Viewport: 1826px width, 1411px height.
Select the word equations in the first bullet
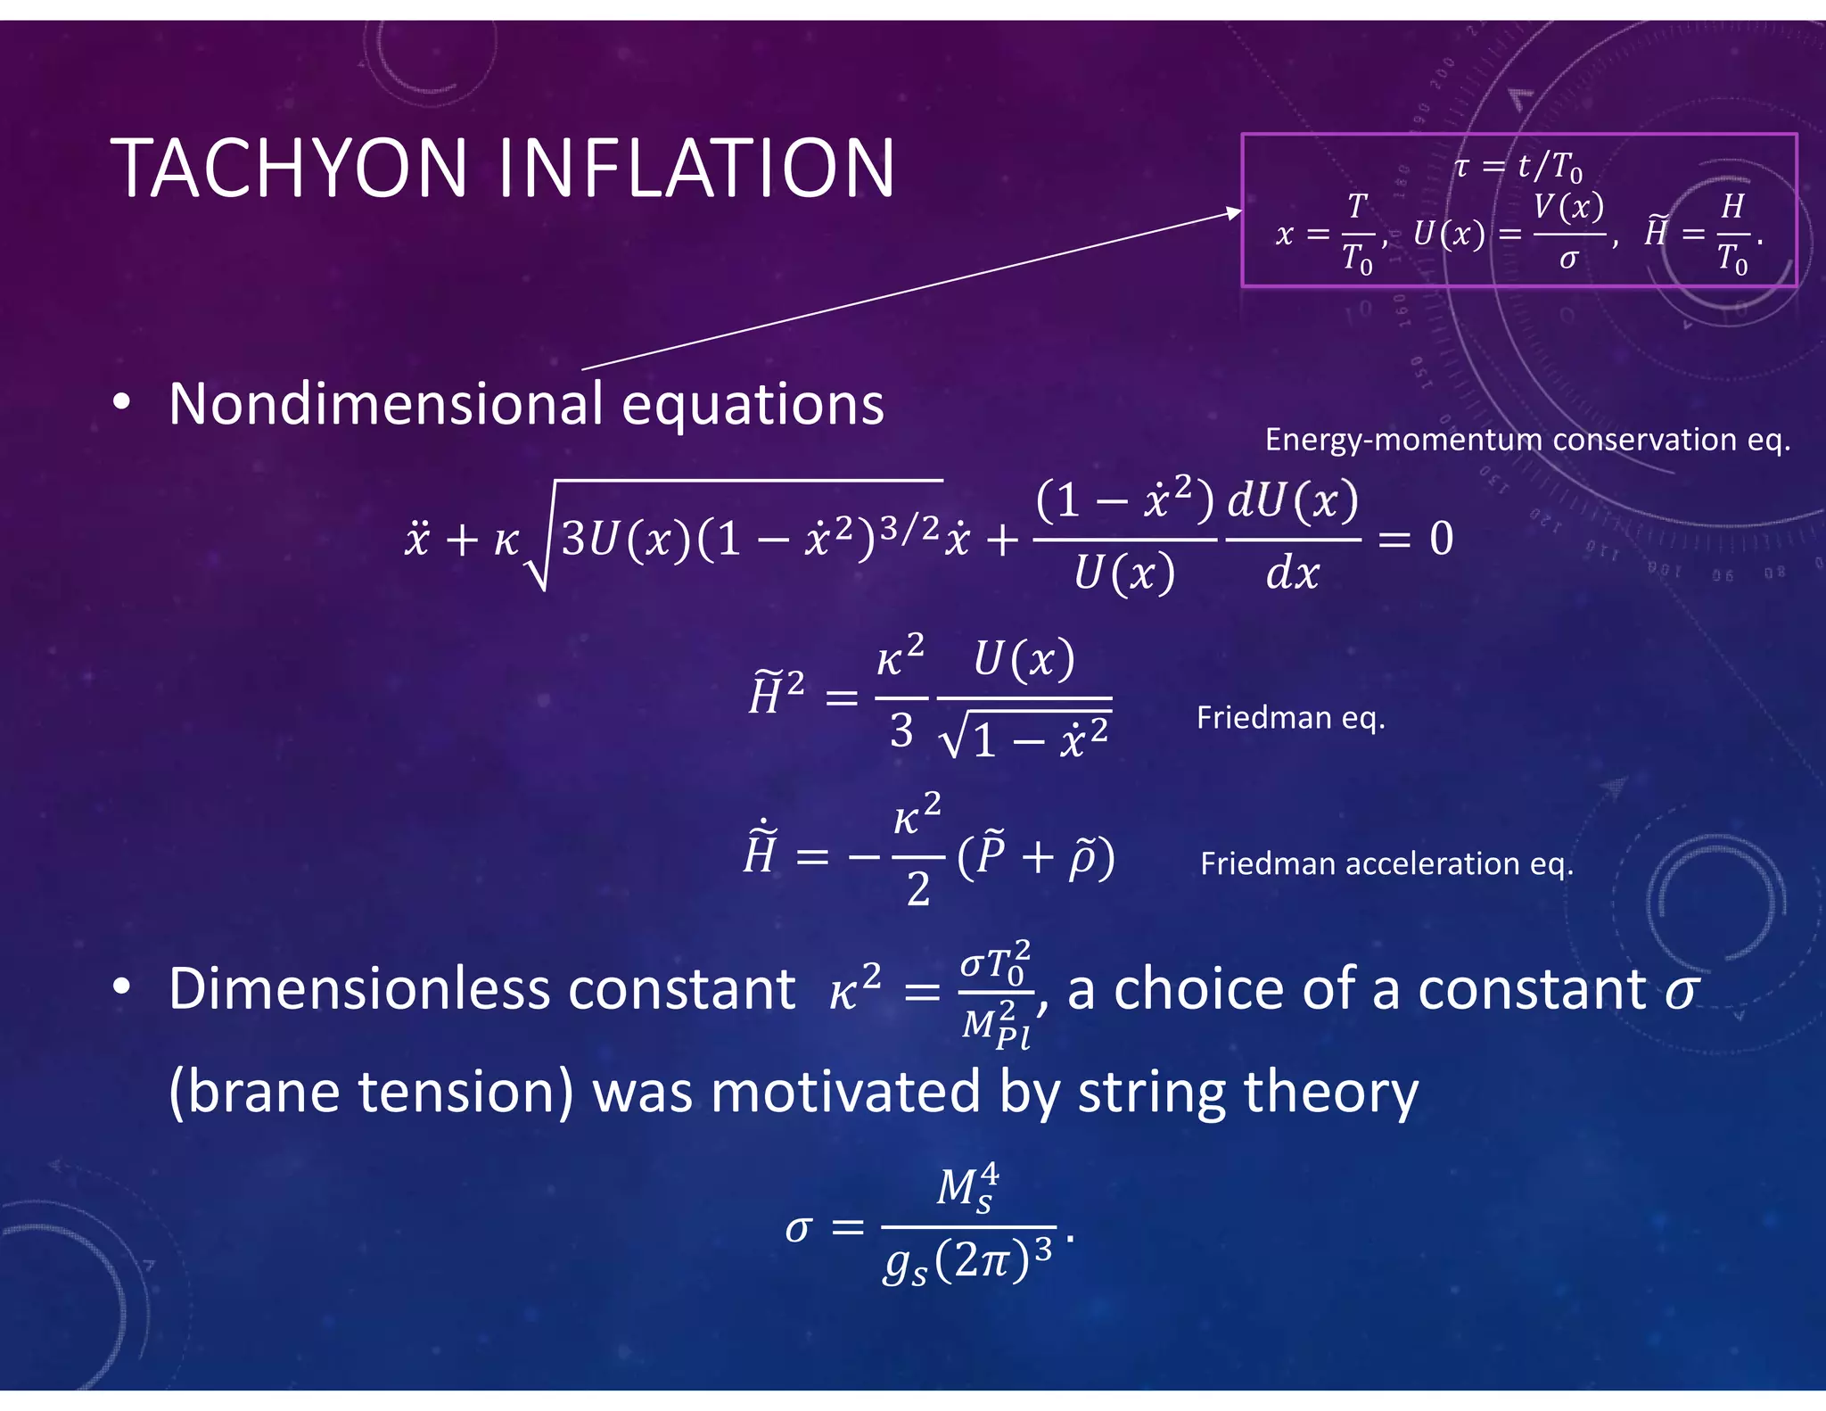click(753, 405)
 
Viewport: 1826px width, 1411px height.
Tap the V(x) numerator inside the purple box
click(1568, 207)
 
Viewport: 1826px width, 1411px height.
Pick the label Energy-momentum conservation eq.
click(1527, 440)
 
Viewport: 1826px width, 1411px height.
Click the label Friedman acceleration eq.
click(1386, 863)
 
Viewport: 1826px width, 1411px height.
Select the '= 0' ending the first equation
click(1416, 539)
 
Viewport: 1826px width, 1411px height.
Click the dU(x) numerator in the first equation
click(1293, 500)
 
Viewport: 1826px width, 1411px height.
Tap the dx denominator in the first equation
click(1292, 572)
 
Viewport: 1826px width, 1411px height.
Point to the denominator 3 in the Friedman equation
click(901, 731)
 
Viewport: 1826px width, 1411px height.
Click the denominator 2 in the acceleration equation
click(918, 889)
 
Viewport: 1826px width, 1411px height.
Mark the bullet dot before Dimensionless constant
click(122, 986)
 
